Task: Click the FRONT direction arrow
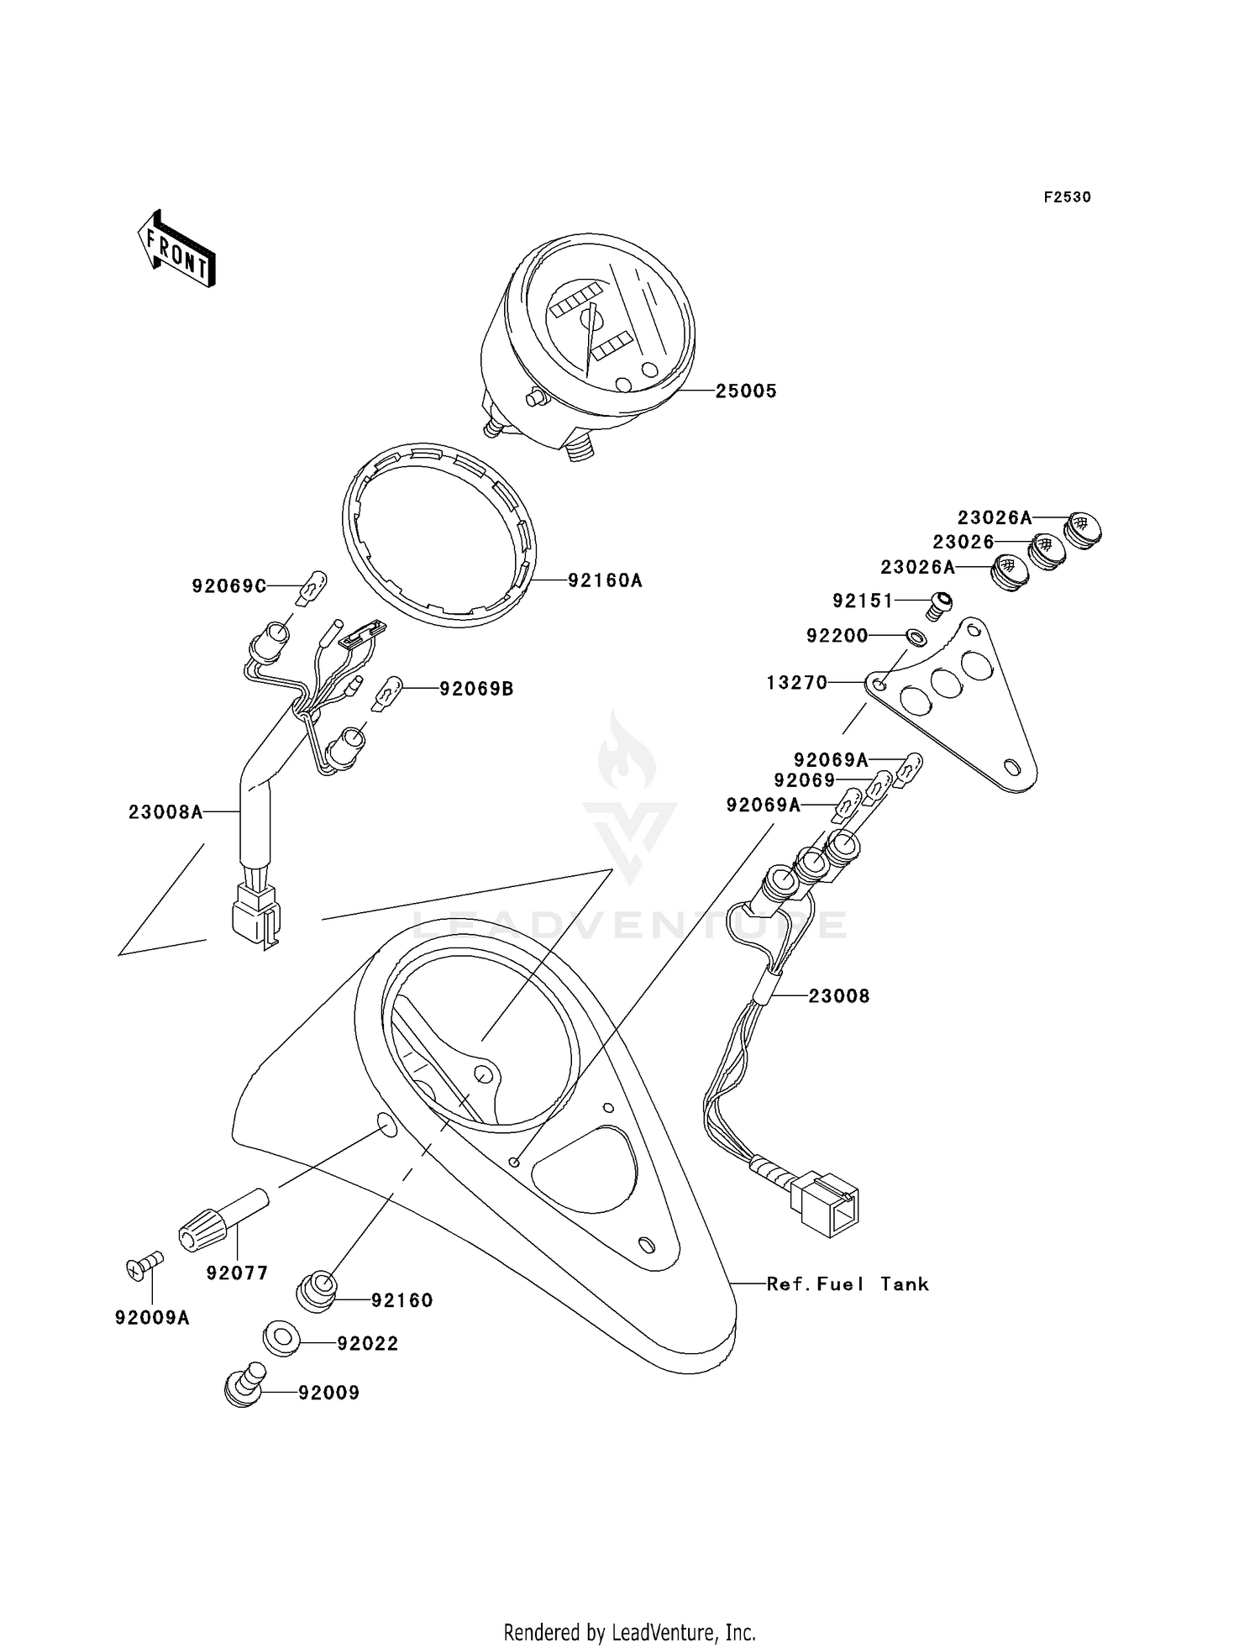tap(177, 249)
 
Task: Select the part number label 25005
tap(746, 391)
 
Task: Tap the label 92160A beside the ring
tap(605, 580)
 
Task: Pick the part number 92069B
tap(476, 690)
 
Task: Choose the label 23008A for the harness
tap(165, 812)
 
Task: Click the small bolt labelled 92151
tap(941, 603)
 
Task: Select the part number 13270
tap(796, 683)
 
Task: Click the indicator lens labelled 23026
tap(1047, 550)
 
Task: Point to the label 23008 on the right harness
tap(839, 996)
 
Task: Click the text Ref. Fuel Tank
tap(848, 1284)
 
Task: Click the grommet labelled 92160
tap(318, 1293)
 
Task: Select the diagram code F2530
tap(1067, 197)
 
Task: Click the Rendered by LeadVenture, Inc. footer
tap(630, 1632)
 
